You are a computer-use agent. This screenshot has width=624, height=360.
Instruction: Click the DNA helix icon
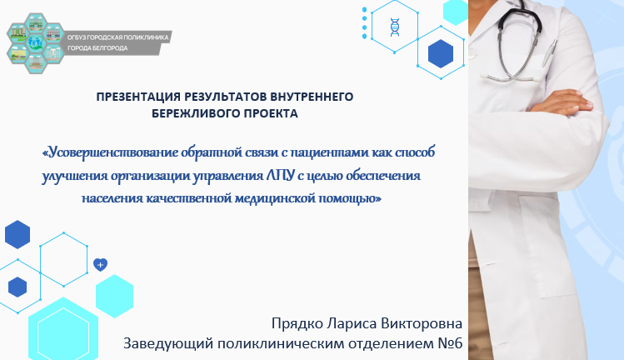coord(394,27)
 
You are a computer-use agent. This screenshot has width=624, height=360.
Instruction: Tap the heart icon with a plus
coord(100,264)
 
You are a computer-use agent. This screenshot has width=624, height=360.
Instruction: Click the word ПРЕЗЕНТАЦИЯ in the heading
coord(138,97)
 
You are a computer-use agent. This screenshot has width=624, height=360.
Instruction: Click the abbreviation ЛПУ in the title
coord(281,175)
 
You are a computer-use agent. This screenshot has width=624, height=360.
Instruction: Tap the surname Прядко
coord(297,323)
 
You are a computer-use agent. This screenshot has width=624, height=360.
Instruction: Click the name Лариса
coord(352,323)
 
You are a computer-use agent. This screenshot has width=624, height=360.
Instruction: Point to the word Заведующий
coord(168,343)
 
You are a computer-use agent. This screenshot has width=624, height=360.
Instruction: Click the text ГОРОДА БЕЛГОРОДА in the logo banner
coord(97,48)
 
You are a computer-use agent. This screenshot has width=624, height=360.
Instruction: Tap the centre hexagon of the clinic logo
coord(36,42)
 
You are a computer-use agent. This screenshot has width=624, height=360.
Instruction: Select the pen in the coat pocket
coord(549,52)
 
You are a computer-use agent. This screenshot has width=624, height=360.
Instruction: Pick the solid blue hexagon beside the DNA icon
coord(441,53)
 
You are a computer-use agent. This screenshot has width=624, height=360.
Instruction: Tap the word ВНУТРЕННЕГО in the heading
coord(312,97)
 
